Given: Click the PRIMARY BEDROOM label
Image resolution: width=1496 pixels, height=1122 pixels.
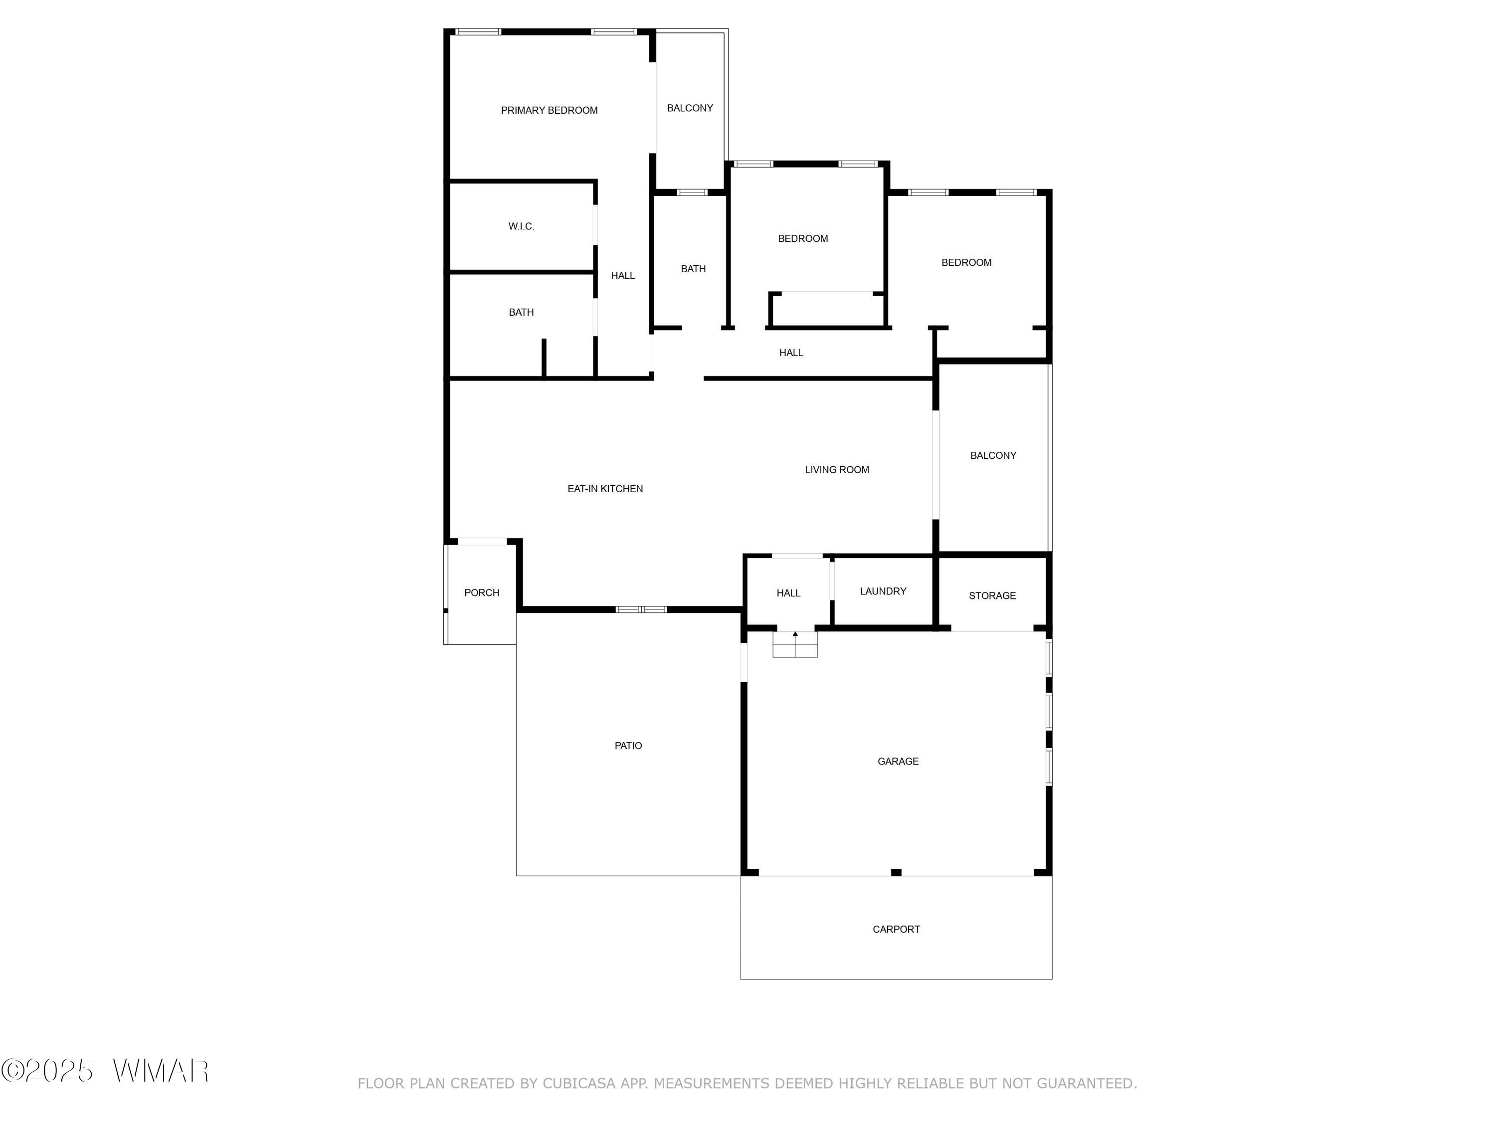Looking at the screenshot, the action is point(549,110).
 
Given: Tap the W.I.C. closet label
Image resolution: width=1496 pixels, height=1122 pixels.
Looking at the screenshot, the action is point(522,226).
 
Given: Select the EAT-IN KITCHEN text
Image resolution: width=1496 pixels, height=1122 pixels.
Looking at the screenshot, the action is point(605,489).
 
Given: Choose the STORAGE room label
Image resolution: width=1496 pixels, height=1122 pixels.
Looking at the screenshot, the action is point(992,596).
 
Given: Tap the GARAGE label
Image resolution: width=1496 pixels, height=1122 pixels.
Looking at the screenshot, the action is point(898,761).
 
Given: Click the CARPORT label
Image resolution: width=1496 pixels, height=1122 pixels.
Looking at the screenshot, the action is point(896,929).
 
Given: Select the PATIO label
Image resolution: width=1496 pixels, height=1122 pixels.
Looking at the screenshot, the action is point(628,746).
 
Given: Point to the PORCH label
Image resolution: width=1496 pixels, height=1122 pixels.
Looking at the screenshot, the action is point(482,593).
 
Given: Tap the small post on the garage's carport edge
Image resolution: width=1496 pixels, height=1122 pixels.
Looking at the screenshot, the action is point(896,873).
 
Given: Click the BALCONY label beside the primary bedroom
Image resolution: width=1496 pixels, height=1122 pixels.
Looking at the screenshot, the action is point(690,108).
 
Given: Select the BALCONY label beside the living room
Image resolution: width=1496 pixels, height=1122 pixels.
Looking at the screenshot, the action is point(993,456).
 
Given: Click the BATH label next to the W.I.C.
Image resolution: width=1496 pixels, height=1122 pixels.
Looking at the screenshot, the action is point(522,313).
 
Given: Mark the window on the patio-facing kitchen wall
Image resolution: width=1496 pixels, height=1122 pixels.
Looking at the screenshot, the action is point(641,609).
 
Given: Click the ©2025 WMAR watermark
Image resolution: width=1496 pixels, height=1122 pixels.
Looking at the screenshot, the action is point(105,1071).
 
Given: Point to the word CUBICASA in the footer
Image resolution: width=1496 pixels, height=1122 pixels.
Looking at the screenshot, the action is point(579,1084).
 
